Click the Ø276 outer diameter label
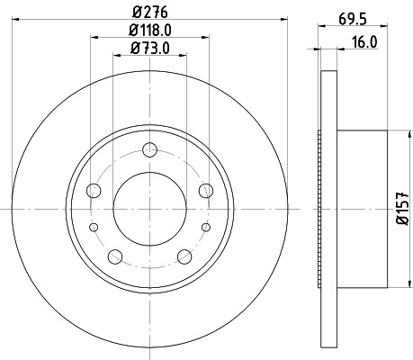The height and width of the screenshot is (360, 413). point(150,12)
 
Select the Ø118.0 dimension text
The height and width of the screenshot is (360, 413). point(151,30)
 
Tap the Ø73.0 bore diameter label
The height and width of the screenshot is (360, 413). point(151,47)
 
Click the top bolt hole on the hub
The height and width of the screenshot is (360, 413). point(150,149)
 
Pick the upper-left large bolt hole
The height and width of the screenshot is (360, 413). point(94,190)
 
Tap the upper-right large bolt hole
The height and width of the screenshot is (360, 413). point(206,190)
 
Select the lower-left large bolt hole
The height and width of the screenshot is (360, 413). point(115,255)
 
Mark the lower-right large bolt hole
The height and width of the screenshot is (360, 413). point(184,255)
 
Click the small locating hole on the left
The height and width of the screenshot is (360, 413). point(94,227)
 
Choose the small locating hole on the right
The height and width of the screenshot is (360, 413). point(206,227)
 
